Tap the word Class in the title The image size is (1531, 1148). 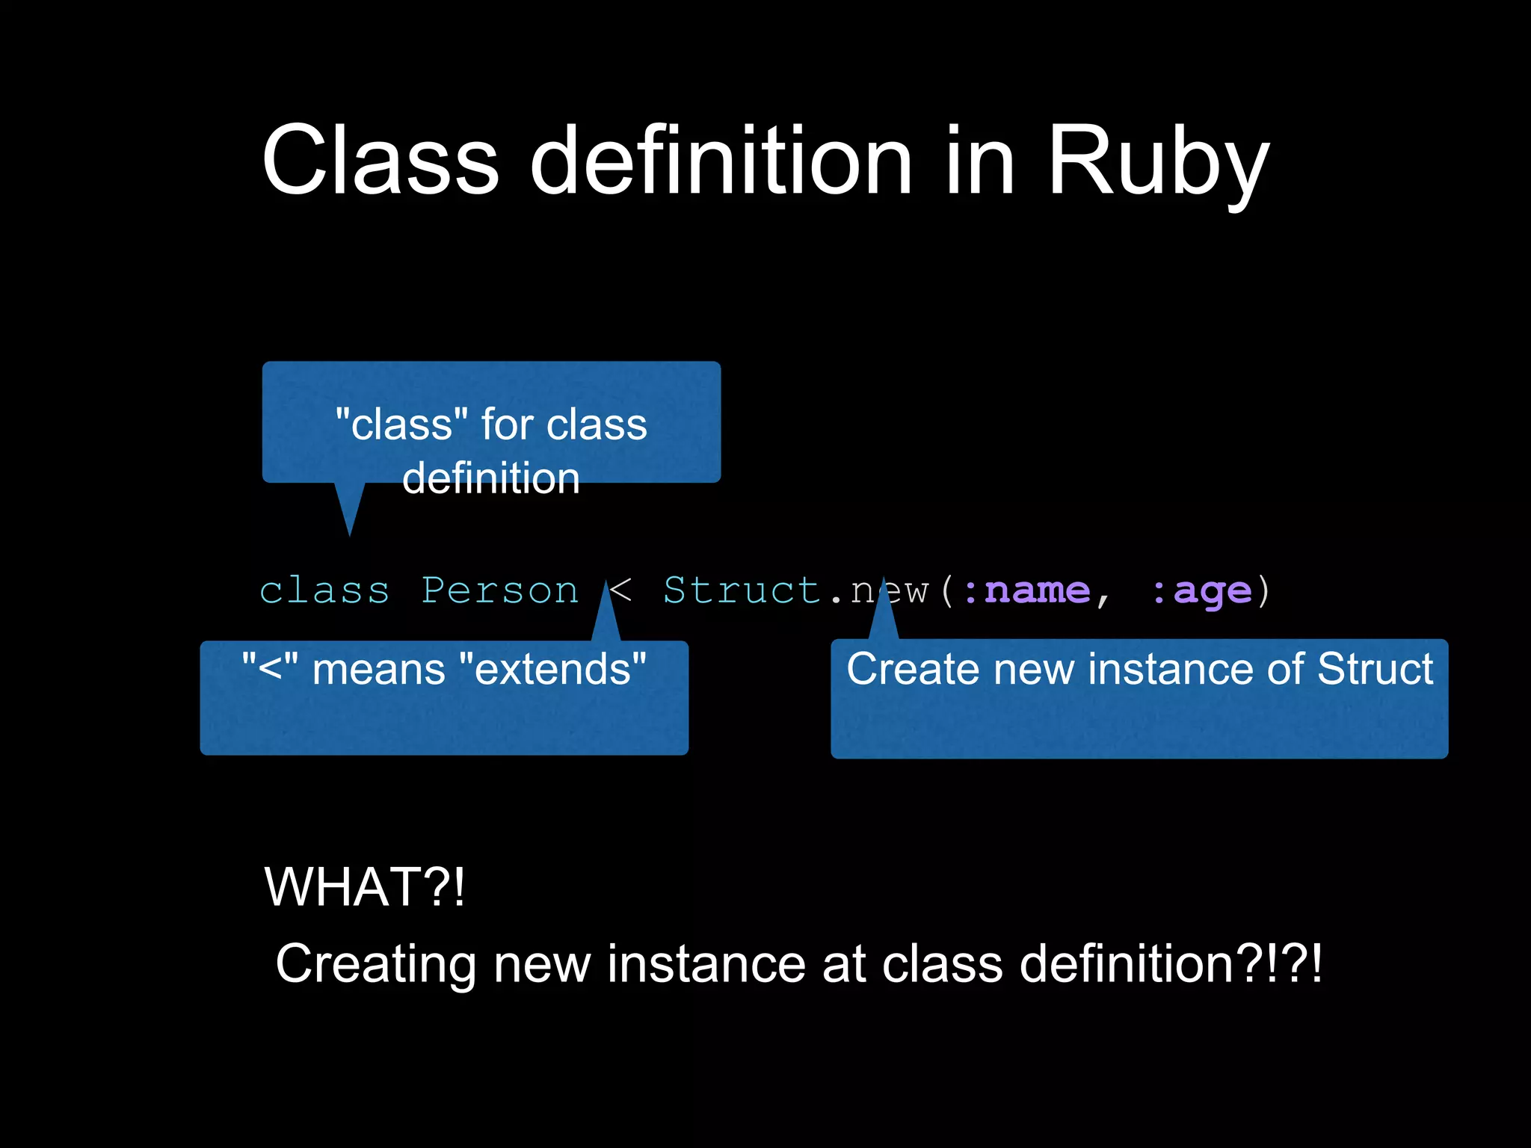(x=380, y=161)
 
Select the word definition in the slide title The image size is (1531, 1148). (x=721, y=161)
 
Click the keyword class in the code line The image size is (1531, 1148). (x=324, y=591)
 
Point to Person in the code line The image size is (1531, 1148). (x=499, y=590)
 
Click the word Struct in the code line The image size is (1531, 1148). (x=742, y=590)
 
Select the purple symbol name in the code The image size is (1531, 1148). (x=1038, y=591)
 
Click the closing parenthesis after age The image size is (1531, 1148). (x=1263, y=591)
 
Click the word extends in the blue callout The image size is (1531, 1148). (x=553, y=669)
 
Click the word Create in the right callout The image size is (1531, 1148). (x=913, y=668)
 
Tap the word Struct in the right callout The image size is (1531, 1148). (x=1375, y=668)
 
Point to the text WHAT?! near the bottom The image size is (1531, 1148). (x=365, y=887)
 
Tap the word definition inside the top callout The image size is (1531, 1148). (x=491, y=478)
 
